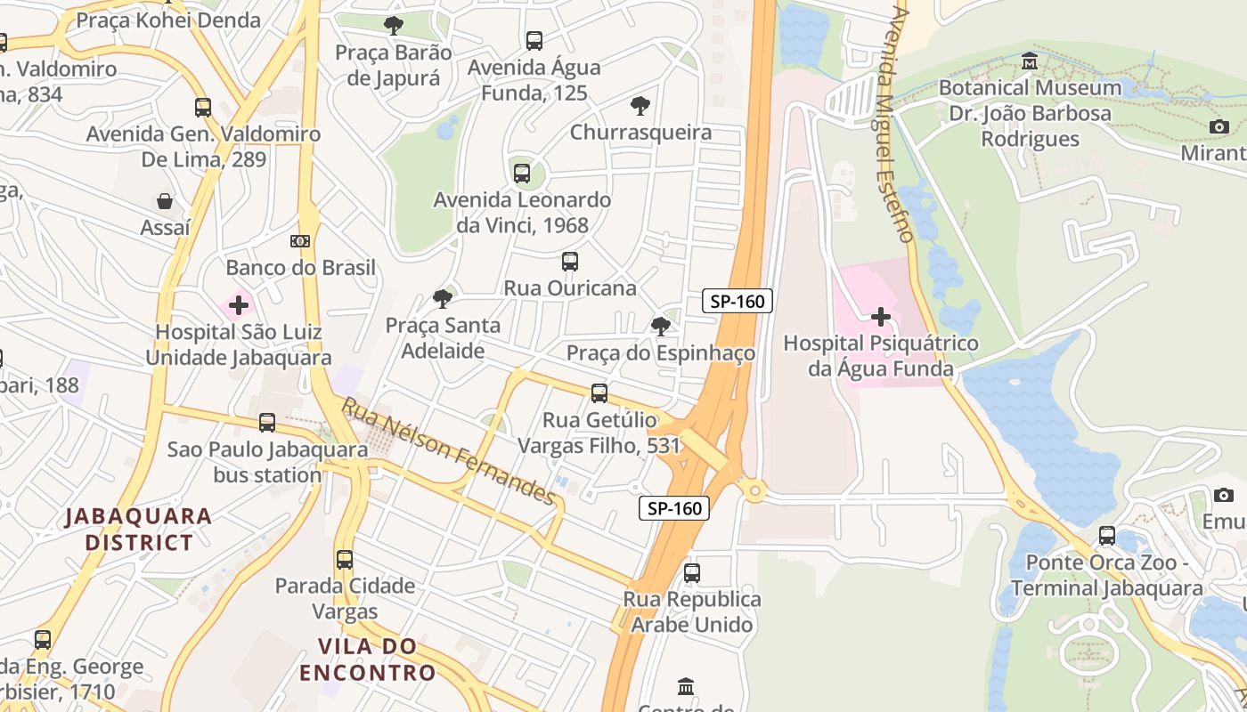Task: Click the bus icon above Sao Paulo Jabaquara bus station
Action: pyautogui.click(x=266, y=423)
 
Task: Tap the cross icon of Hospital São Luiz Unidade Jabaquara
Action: pyautogui.click(x=238, y=306)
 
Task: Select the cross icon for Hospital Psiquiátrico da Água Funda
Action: pyautogui.click(x=880, y=317)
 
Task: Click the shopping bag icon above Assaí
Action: pyautogui.click(x=165, y=201)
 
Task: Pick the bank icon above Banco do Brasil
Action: pyautogui.click(x=300, y=241)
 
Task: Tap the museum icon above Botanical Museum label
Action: pyautogui.click(x=1031, y=61)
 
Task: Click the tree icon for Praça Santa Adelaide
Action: pyautogui.click(x=442, y=299)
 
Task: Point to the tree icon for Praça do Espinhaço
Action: pyautogui.click(x=660, y=327)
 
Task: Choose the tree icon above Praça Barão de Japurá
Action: pyautogui.click(x=393, y=26)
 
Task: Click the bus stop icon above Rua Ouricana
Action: pyautogui.click(x=570, y=262)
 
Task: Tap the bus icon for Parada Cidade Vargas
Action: pyautogui.click(x=345, y=560)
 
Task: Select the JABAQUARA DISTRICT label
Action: pyautogui.click(x=138, y=529)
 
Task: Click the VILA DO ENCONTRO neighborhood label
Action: pyautogui.click(x=367, y=659)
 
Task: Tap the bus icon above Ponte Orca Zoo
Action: pyautogui.click(x=1107, y=536)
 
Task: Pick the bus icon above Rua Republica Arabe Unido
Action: pyautogui.click(x=692, y=573)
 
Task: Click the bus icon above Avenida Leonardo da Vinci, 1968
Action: pyautogui.click(x=522, y=174)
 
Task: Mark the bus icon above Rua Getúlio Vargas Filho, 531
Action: pyautogui.click(x=599, y=393)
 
